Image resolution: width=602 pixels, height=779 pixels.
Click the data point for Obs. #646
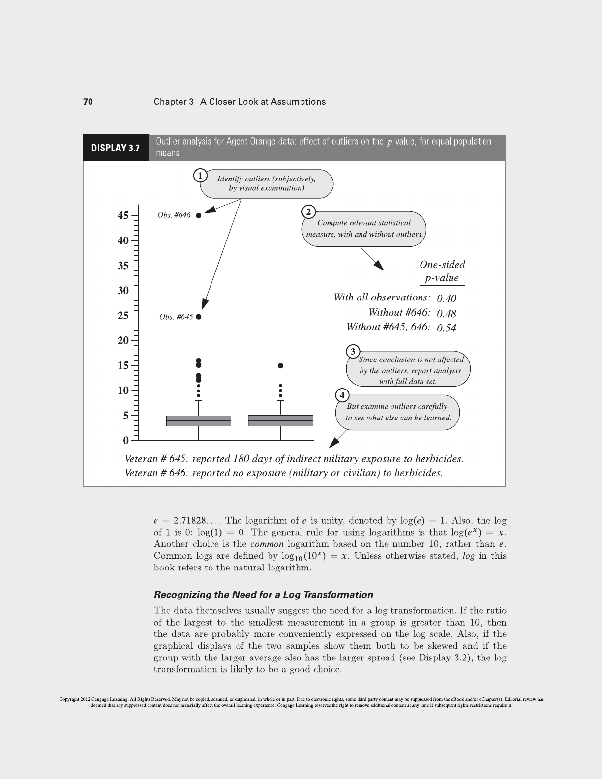(x=198, y=215)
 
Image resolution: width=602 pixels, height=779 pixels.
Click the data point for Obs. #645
(x=198, y=317)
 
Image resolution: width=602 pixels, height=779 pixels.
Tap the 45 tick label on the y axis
(x=123, y=216)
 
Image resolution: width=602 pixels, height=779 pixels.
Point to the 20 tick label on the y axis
(x=123, y=340)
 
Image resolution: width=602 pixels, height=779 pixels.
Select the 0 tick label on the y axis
(x=126, y=440)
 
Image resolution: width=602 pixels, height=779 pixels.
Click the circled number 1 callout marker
(x=200, y=176)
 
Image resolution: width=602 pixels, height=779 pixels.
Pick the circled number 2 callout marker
(x=308, y=212)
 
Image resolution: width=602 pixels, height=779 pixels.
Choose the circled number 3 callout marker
(x=353, y=351)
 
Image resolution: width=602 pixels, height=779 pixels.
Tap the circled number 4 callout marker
(x=342, y=395)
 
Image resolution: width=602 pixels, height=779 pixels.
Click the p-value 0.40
(x=447, y=299)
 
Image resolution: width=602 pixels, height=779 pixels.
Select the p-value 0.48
(x=447, y=313)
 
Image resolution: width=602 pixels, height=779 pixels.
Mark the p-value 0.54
(x=447, y=328)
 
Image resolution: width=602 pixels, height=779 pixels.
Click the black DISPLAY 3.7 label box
(x=116, y=148)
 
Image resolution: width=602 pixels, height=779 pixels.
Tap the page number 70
(x=88, y=102)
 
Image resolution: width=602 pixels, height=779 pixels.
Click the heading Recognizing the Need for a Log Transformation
(x=263, y=595)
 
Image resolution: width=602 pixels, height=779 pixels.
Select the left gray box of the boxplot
(x=199, y=421)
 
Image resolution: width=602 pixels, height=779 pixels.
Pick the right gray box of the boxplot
(x=280, y=421)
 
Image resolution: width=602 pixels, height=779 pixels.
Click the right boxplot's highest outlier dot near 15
(x=280, y=366)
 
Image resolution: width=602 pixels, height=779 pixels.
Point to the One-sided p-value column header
(x=442, y=271)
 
